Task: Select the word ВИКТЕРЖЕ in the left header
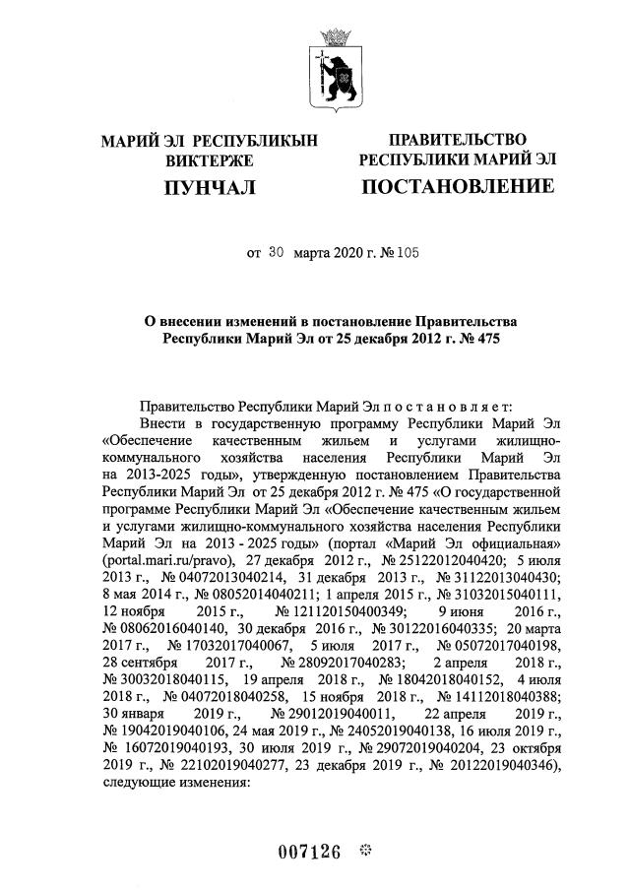(x=209, y=160)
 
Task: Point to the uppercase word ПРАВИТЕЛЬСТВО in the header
(x=457, y=139)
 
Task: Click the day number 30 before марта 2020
(x=276, y=252)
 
